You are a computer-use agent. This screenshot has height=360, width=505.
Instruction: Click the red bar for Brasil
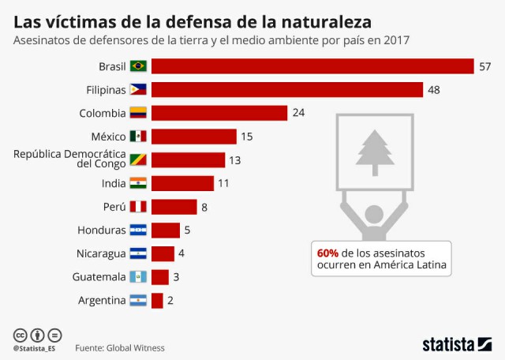(312, 66)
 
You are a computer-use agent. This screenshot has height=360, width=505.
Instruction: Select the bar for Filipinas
(286, 90)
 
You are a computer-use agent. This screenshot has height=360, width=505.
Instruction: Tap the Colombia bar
(219, 113)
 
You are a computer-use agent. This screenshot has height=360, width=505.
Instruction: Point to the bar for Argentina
(157, 300)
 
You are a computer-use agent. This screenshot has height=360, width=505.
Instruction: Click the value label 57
(484, 66)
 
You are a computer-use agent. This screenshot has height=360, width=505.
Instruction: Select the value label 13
(235, 160)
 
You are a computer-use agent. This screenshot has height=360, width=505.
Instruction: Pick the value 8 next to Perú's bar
(204, 207)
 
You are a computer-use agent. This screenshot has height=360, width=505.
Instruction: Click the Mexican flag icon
(138, 137)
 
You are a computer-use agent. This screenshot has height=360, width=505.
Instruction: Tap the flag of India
(138, 183)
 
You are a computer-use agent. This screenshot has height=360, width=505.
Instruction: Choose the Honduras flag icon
(138, 231)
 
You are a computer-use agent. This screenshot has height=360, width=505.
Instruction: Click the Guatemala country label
(99, 277)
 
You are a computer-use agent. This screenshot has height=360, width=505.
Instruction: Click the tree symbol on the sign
(375, 151)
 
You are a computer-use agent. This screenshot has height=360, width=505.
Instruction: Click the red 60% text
(327, 253)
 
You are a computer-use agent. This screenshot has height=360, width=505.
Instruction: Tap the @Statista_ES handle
(37, 347)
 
